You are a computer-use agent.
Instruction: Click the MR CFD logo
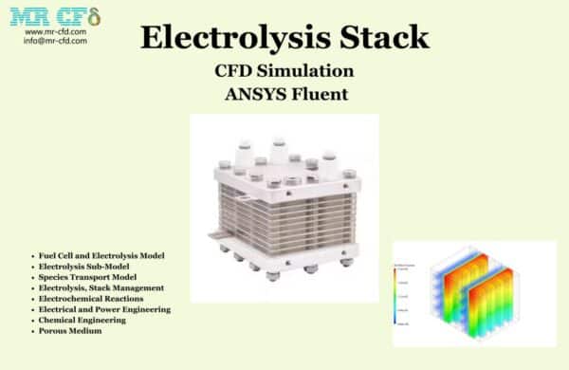click(x=55, y=16)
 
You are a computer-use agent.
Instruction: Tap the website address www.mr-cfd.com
click(x=55, y=31)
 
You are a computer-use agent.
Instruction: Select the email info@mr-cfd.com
click(x=55, y=40)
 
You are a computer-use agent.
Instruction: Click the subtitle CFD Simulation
click(x=284, y=70)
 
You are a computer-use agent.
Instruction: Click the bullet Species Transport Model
click(x=84, y=277)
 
